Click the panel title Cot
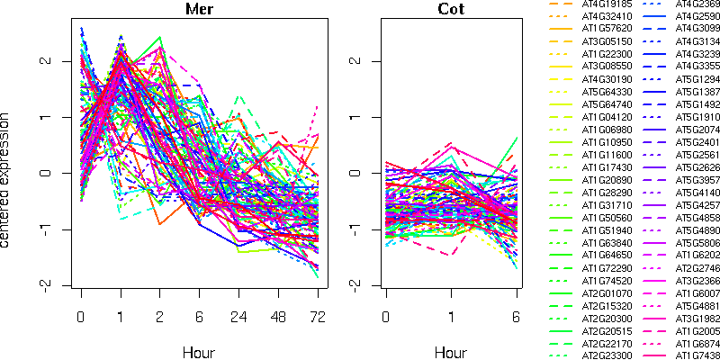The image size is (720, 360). (452, 11)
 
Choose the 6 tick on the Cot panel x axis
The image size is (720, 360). (517, 318)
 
